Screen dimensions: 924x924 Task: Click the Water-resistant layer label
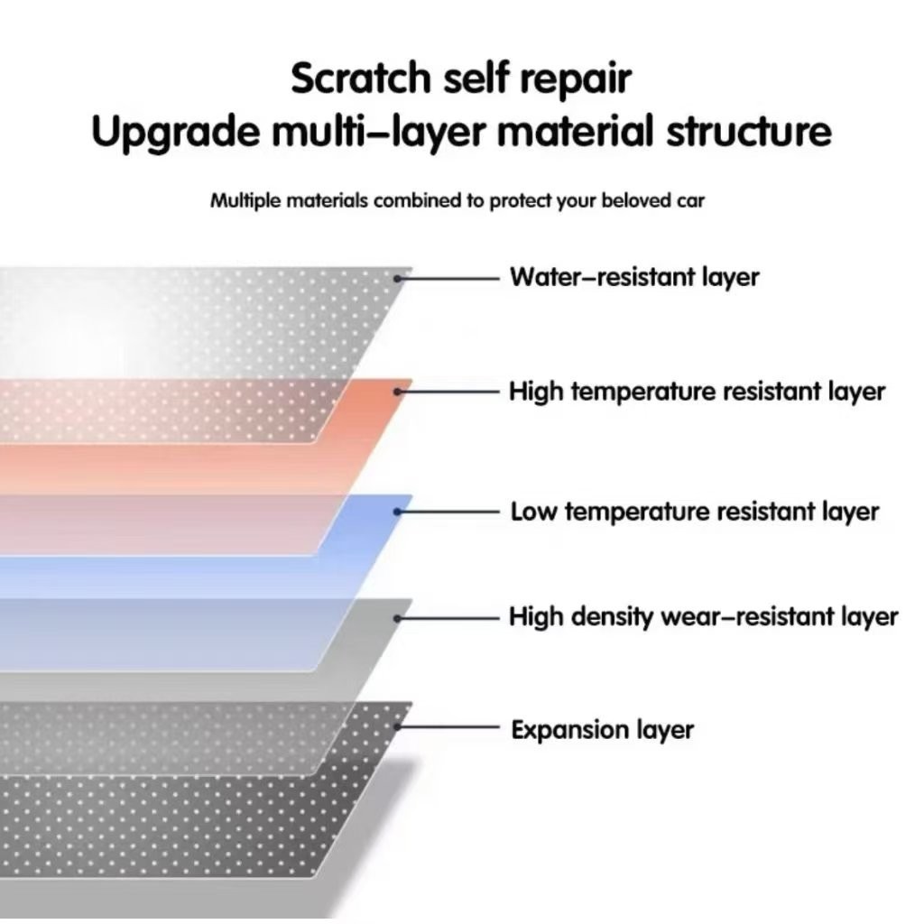(634, 277)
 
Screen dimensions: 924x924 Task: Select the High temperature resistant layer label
(697, 392)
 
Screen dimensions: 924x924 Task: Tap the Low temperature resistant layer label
(694, 513)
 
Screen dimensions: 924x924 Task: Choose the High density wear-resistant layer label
(703, 617)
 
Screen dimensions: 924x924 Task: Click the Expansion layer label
(602, 729)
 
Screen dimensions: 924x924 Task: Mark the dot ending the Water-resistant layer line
(398, 278)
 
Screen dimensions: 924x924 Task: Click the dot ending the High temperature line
(398, 392)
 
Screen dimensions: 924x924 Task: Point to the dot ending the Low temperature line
(398, 512)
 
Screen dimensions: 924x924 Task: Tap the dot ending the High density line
(398, 617)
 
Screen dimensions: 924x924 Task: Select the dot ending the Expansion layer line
(398, 726)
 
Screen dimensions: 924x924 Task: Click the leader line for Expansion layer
(451, 726)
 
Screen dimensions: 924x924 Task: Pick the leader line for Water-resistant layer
(451, 278)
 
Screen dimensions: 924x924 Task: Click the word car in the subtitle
(690, 200)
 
